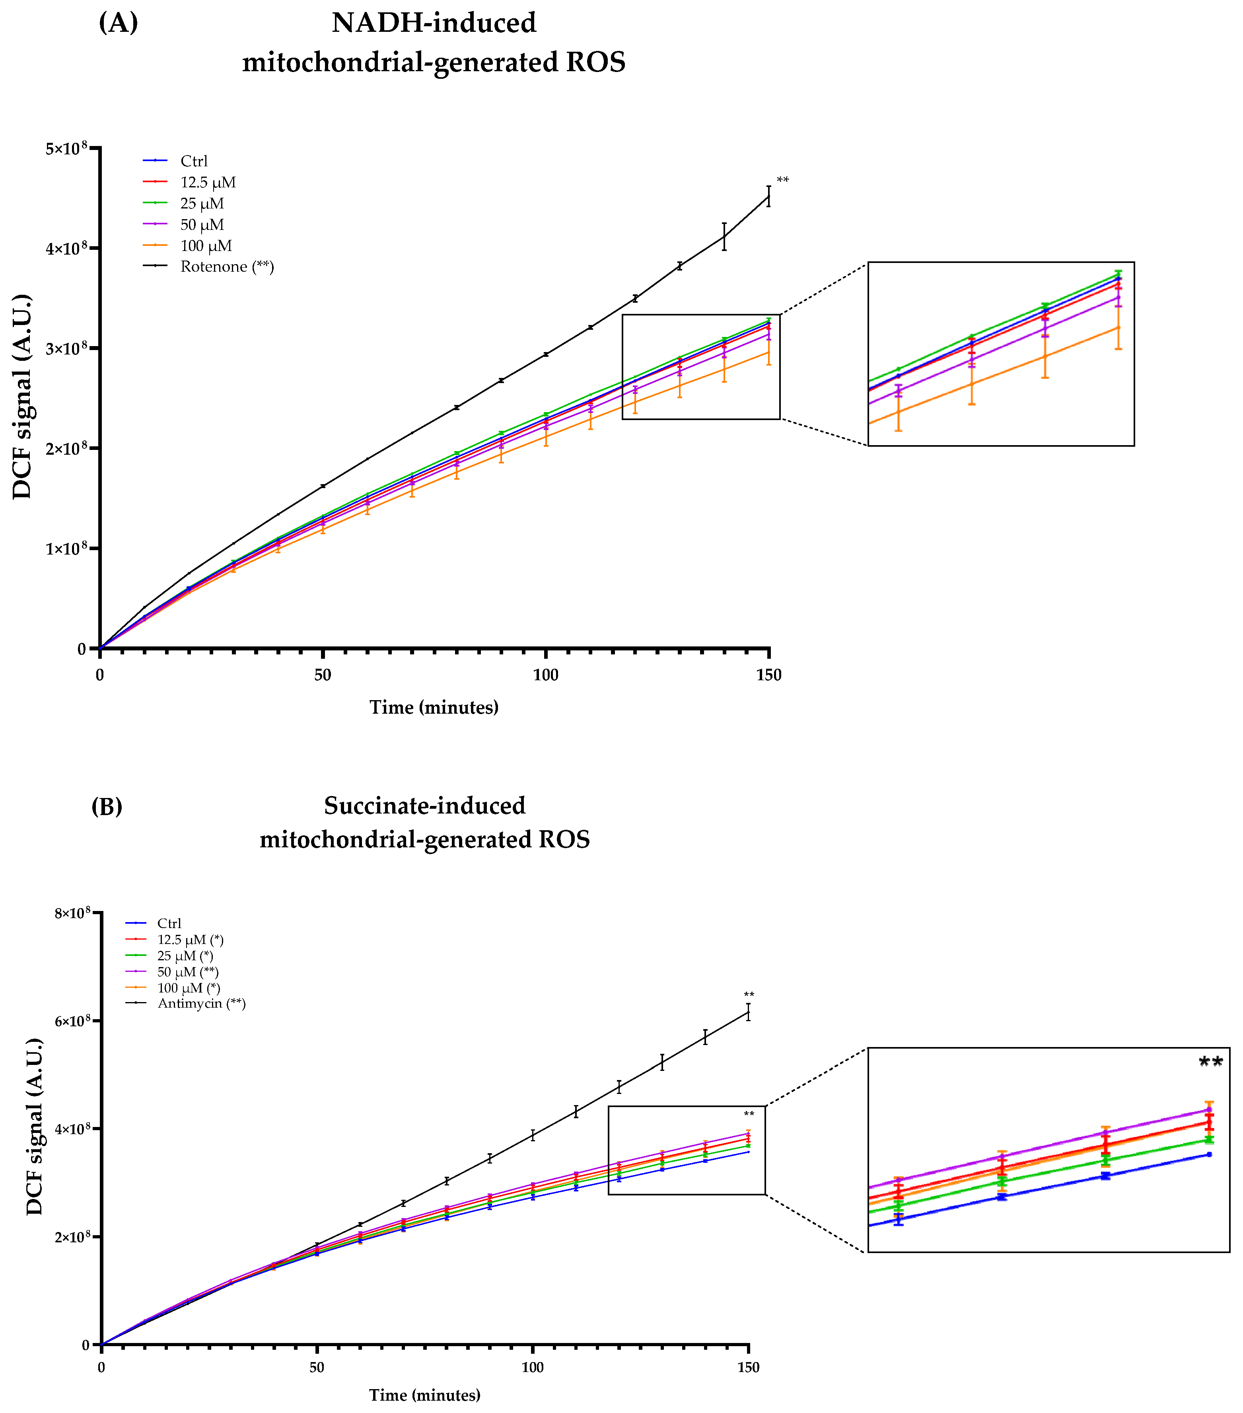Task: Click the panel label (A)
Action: pos(118,23)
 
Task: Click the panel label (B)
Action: pos(107,806)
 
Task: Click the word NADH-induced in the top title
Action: pos(434,23)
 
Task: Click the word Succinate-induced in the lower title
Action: pos(424,806)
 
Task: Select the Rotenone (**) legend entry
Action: pos(227,267)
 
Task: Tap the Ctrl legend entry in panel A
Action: pos(194,161)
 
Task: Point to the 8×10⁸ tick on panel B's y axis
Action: pos(72,914)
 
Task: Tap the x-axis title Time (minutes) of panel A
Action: pos(434,707)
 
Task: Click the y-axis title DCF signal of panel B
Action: pos(35,1127)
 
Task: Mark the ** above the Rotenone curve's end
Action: pos(782,181)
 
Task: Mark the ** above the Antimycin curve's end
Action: pos(749,995)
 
